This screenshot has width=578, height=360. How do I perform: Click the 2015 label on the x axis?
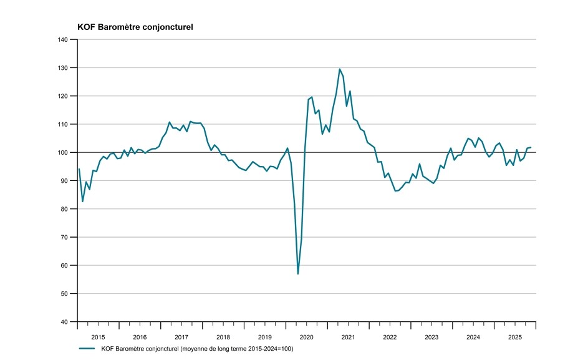pos(98,337)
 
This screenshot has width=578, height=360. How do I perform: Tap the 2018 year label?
pos(223,337)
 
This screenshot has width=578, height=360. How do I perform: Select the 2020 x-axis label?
pos(307,337)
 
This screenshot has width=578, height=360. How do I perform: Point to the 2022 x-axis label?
pos(390,337)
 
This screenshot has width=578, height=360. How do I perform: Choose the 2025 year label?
pos(515,337)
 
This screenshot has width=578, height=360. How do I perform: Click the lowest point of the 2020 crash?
pos(298,274)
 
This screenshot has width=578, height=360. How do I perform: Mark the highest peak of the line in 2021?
pos(339,69)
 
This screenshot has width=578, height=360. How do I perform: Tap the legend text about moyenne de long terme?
pos(196,348)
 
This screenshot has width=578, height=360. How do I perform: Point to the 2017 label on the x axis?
pos(181,337)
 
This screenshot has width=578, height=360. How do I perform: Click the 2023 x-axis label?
pos(431,337)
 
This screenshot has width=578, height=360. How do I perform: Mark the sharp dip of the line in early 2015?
pos(82,202)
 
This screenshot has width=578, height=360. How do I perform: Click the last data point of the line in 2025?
pos(530,147)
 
